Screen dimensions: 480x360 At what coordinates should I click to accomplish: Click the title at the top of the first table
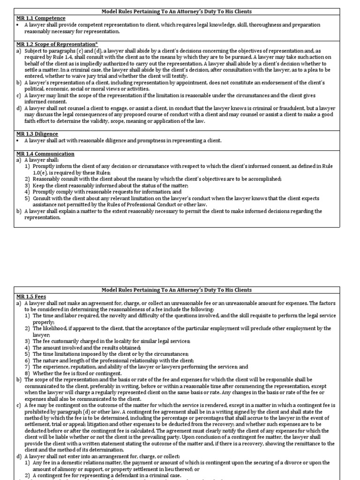pyautogui.click(x=180, y=11)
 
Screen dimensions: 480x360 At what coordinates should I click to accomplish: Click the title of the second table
pyautogui.click(x=180, y=290)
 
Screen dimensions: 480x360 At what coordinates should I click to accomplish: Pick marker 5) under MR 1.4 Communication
pyautogui.click(x=28, y=198)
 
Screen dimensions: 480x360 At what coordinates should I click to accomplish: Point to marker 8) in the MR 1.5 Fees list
pyautogui.click(x=28, y=373)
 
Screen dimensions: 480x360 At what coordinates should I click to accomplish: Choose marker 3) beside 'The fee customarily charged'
pyautogui.click(x=28, y=341)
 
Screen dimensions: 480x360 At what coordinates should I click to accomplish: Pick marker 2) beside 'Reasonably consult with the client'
pyautogui.click(x=28, y=179)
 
